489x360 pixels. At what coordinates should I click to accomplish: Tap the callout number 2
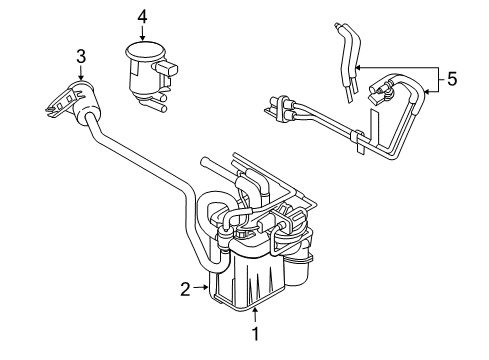pos(186,290)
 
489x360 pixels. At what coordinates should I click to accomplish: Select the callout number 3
pos(81,56)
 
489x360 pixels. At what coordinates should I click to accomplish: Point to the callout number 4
pos(143,17)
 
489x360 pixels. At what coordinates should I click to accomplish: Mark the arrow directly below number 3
pos(81,72)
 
